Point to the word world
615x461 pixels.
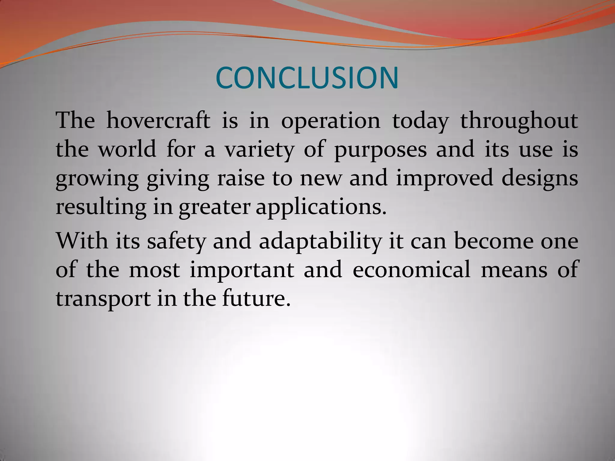tap(127, 149)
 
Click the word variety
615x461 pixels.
tap(260, 149)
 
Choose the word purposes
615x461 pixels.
tap(380, 149)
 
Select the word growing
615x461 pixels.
tap(97, 178)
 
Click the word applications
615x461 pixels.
tap(321, 207)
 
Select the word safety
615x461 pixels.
tap(176, 241)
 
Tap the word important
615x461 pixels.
tap(242, 270)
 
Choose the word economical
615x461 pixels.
tap(411, 270)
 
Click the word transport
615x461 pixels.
tap(103, 298)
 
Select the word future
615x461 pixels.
tap(256, 298)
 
